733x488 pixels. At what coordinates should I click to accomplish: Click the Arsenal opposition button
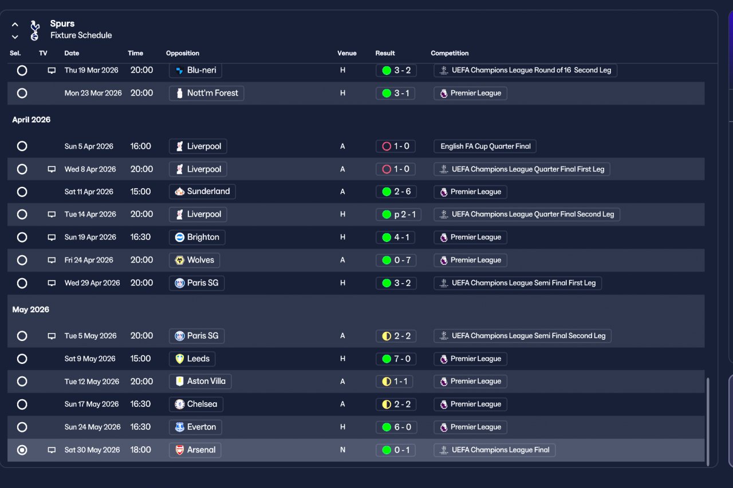coord(195,450)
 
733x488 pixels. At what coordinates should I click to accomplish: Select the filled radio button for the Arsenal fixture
coord(22,450)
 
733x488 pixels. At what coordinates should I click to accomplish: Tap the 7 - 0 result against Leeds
coord(396,359)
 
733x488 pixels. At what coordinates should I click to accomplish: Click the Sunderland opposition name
coord(208,192)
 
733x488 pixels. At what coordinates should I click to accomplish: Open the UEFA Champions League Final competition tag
coord(494,450)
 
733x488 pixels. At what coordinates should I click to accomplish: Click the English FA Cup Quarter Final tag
coord(485,146)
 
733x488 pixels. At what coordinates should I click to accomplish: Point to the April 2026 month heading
coord(31,120)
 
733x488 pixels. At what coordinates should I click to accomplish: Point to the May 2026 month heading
coord(31,310)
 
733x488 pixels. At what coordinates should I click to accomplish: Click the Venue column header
coord(347,53)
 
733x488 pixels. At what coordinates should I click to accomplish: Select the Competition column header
coord(450,53)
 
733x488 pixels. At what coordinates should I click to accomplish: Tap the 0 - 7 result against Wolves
coord(396,260)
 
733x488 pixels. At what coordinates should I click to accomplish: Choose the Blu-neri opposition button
coord(195,70)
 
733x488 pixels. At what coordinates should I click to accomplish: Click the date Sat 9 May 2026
coord(90,359)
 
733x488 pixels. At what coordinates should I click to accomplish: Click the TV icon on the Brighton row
coord(52,237)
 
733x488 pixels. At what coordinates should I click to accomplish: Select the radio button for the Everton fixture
coord(22,427)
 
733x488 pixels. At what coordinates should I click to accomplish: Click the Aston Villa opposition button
coord(200,382)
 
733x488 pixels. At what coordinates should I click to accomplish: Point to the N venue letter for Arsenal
coord(342,450)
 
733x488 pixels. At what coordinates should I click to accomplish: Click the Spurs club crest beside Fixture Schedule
coord(34,30)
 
